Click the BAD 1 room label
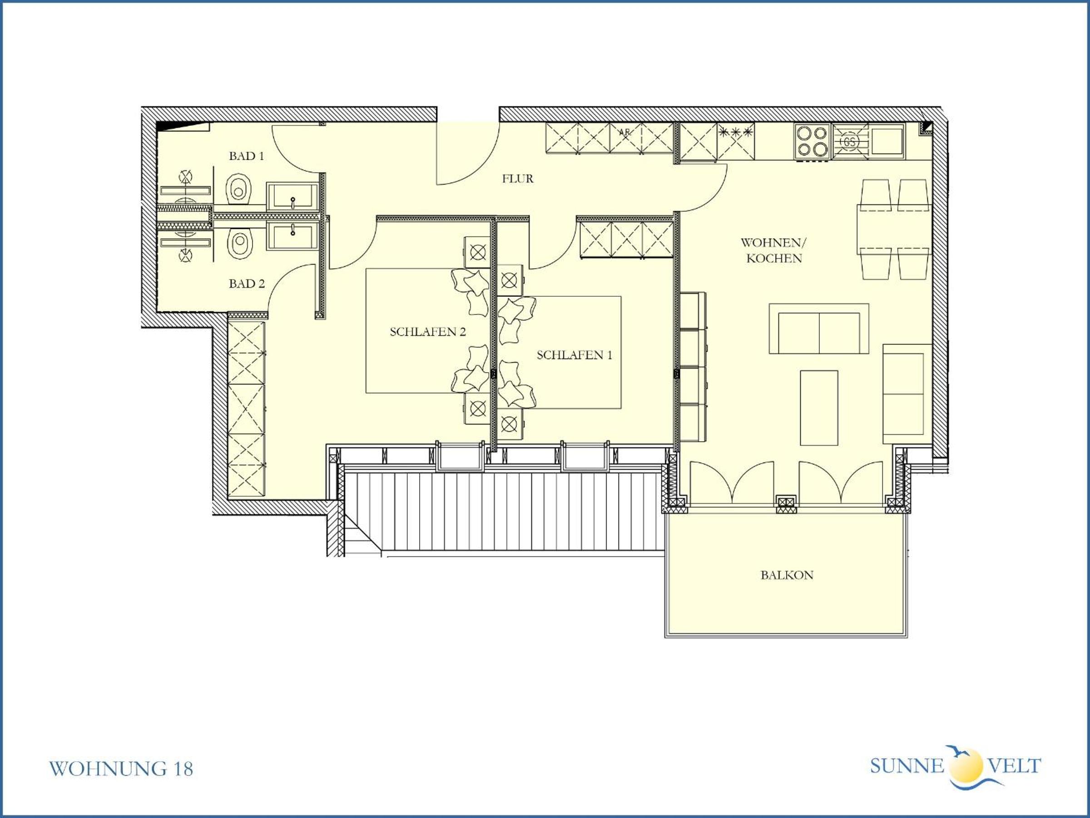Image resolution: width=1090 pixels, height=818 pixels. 246,156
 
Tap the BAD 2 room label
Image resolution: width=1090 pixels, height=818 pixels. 246,284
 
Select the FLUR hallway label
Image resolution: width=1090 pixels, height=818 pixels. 517,179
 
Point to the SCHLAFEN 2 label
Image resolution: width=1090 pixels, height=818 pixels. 428,332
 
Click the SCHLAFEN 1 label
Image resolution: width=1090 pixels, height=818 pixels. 574,355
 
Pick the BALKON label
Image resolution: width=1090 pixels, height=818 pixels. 787,575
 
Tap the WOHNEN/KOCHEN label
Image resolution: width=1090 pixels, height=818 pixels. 773,250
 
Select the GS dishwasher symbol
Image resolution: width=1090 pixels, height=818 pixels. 850,142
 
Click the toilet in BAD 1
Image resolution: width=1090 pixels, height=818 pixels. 239,190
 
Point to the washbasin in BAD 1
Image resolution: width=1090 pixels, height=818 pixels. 292,196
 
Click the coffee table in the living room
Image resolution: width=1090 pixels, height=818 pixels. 819,408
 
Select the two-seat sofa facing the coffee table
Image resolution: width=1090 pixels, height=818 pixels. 819,329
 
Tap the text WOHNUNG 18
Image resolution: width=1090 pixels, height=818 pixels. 121,769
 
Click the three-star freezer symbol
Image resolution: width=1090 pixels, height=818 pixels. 736,132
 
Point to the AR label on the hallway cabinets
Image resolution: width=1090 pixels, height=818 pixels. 624,132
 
